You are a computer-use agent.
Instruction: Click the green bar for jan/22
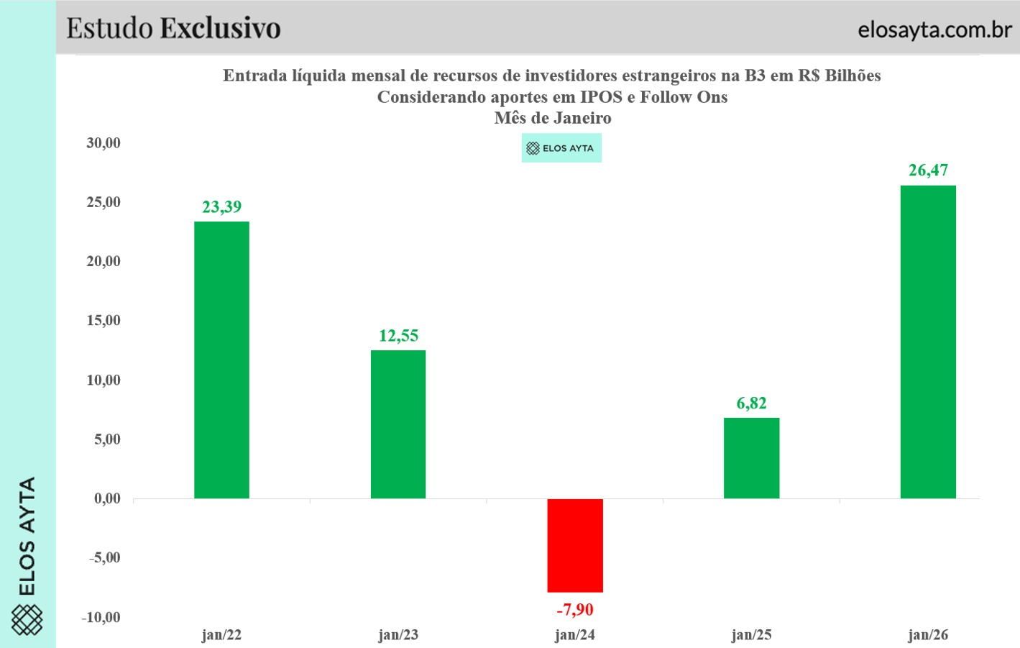(x=221, y=360)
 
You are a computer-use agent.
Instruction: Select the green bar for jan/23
(x=398, y=424)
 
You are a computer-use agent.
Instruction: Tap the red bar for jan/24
(x=575, y=545)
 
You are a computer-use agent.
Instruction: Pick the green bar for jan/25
(x=751, y=458)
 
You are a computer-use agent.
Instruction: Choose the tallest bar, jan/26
(x=928, y=342)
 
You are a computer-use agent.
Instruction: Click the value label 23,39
(x=221, y=207)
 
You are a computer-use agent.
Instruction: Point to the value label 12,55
(x=398, y=336)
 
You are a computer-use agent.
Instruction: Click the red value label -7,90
(x=575, y=610)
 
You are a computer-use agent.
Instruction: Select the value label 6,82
(x=751, y=403)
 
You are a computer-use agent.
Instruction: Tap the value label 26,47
(x=928, y=170)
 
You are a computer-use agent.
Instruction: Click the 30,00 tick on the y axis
(x=104, y=143)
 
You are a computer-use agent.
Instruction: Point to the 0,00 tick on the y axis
(x=107, y=498)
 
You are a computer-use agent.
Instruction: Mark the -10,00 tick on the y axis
(x=101, y=617)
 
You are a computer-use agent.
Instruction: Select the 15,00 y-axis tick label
(x=104, y=321)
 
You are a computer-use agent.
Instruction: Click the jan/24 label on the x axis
(x=575, y=635)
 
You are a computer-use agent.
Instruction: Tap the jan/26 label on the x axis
(x=928, y=635)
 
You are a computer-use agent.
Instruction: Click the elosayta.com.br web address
(x=934, y=29)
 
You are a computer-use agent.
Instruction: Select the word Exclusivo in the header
(x=220, y=28)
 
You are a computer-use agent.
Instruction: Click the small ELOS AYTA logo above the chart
(x=561, y=148)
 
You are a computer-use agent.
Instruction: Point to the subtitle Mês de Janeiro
(x=552, y=118)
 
